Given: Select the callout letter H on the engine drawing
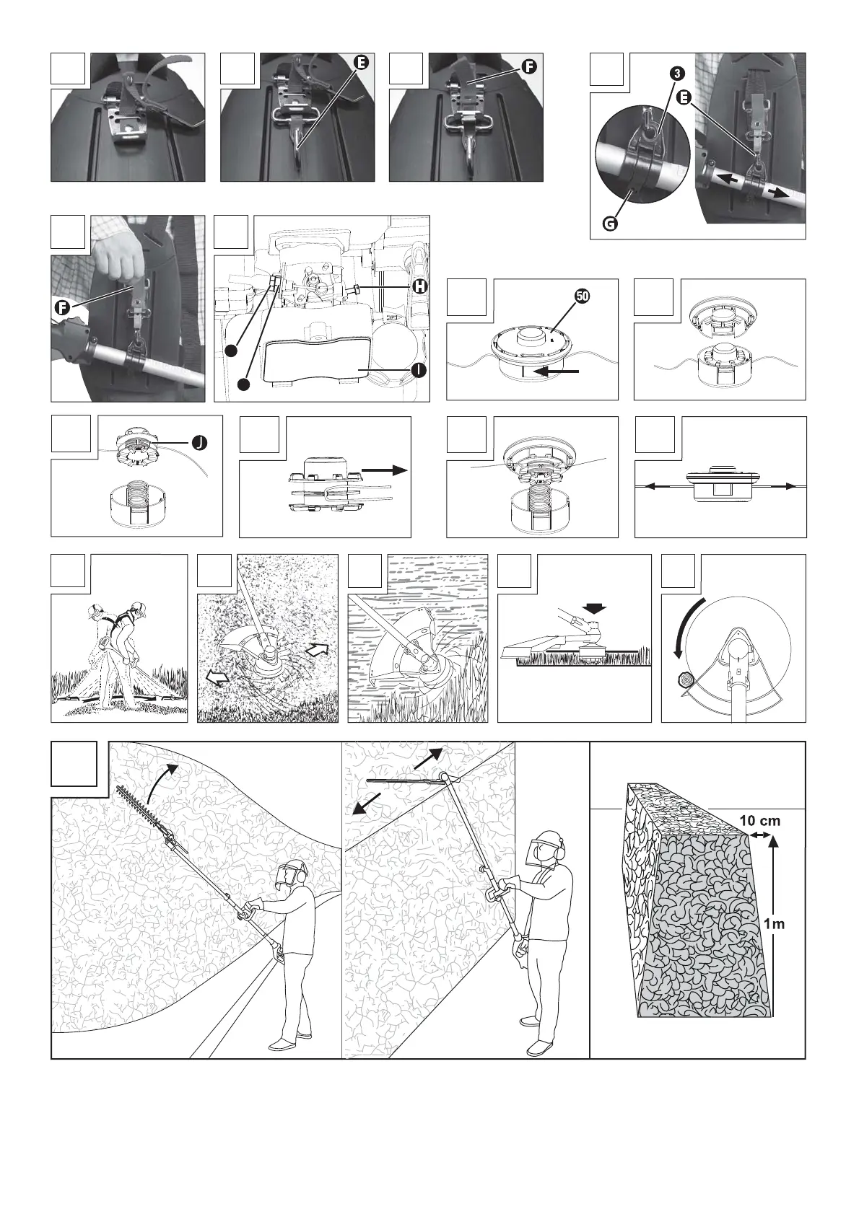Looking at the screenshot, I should click(419, 286).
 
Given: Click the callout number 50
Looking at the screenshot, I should click(582, 296).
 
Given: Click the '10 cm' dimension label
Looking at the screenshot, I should click(759, 821).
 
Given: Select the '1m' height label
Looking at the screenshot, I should click(775, 924).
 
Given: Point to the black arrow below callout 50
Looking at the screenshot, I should click(559, 371).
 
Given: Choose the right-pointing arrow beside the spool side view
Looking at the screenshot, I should click(385, 470).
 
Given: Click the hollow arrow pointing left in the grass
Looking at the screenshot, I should click(216, 677).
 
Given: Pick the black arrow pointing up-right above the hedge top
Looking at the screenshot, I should click(429, 759).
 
